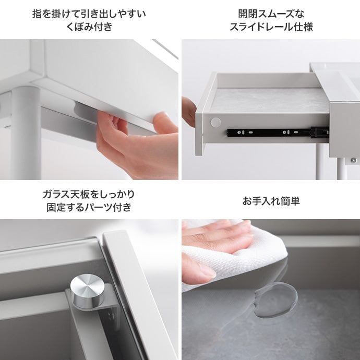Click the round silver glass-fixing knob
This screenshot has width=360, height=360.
[x=88, y=291]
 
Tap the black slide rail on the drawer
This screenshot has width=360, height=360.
[x=278, y=133]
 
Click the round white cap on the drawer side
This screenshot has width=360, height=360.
[x=215, y=123]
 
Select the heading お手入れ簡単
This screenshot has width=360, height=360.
[x=271, y=201]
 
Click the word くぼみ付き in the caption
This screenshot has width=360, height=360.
[x=89, y=27]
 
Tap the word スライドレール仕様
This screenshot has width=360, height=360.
[x=271, y=27]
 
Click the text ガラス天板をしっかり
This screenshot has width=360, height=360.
[x=89, y=195]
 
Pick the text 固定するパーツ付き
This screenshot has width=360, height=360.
[x=89, y=207]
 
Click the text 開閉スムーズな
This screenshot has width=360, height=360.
[x=271, y=14]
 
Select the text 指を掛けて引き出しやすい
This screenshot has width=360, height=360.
[x=89, y=14]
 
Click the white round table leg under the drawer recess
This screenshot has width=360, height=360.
[x=26, y=133]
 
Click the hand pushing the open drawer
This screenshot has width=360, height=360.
[x=189, y=112]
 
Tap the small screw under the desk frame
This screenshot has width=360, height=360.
[x=354, y=160]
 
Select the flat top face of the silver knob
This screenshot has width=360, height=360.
[x=87, y=285]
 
